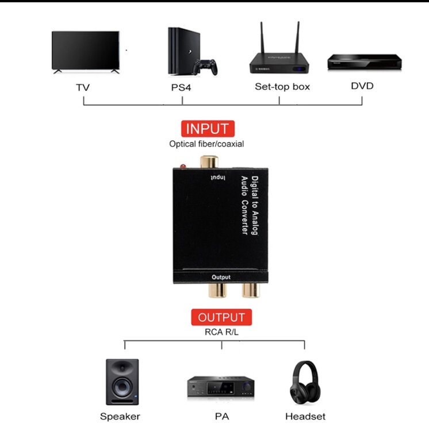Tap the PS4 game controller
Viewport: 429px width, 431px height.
[x=205, y=67]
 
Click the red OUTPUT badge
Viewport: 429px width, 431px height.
[x=221, y=317]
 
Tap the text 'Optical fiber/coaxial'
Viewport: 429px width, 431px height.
[x=206, y=144]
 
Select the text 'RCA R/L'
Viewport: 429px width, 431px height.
[x=221, y=332]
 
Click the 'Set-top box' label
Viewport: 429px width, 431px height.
[x=282, y=87]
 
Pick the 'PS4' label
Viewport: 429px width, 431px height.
[x=182, y=88]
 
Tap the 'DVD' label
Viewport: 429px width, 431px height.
[x=362, y=86]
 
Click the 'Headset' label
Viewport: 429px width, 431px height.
[x=305, y=416]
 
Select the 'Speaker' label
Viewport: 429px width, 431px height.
[x=120, y=416]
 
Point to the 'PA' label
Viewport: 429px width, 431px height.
[x=221, y=416]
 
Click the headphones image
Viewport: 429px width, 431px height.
[x=305, y=383]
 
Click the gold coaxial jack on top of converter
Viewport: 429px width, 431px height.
[x=206, y=163]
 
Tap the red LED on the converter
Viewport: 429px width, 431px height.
[x=182, y=167]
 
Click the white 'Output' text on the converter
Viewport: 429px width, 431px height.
[x=221, y=277]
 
